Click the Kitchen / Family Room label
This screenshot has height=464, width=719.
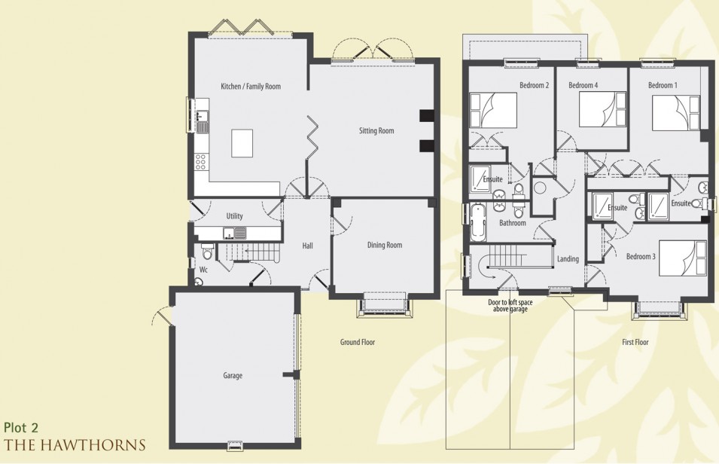pos(251,87)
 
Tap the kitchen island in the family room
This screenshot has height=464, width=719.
pos(242,143)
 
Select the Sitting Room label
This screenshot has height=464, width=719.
pos(376,131)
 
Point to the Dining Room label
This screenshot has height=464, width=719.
pos(384,245)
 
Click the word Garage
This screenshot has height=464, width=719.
pos(233,375)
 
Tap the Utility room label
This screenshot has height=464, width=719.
pos(234,215)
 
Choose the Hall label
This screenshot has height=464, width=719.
pos(308,246)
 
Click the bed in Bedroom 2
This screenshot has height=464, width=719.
pos(493,110)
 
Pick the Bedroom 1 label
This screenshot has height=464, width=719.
pos(663,85)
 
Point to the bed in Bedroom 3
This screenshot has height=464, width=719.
pos(682,258)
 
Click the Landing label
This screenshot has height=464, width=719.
pos(568,259)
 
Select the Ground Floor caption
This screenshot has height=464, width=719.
pos(357,342)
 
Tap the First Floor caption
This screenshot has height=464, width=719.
pos(635,342)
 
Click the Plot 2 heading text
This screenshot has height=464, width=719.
pos(21,428)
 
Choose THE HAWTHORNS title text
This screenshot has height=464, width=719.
pos(75,444)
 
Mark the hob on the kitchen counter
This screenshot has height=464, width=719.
pos(200,161)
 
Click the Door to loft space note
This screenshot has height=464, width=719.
pos(510,306)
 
